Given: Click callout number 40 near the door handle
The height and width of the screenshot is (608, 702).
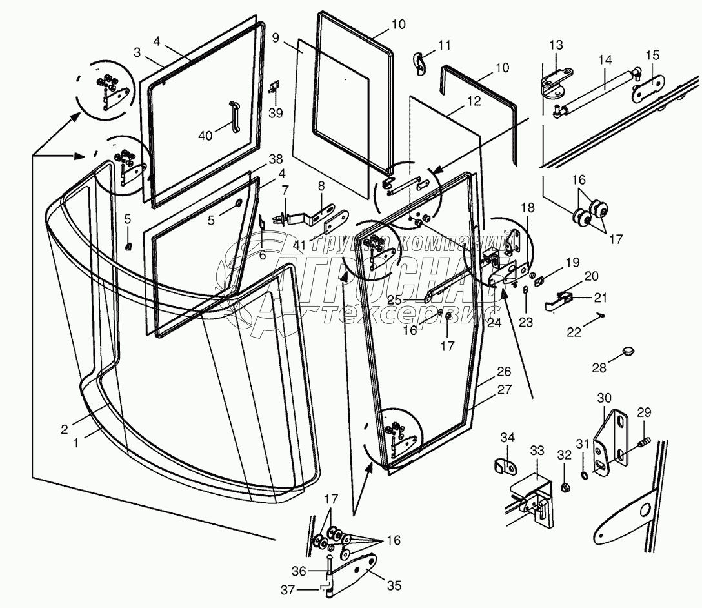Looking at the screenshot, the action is [x=205, y=135].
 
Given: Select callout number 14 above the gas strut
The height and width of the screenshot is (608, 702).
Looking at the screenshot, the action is [x=605, y=60].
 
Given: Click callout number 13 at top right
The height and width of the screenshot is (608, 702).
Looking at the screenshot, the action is [x=556, y=45].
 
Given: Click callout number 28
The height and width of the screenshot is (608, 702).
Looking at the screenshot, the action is [x=599, y=368].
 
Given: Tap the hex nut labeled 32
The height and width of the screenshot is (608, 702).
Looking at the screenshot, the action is [x=565, y=487].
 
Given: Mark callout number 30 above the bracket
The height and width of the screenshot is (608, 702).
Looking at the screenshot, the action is [x=604, y=398].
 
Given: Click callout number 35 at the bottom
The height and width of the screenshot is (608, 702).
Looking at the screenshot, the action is [x=394, y=585].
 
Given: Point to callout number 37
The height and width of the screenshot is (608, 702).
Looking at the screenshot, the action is [x=288, y=590].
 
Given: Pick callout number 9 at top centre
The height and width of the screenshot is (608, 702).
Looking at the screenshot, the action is [x=276, y=37].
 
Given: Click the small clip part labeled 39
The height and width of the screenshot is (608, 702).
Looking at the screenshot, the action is [x=274, y=87].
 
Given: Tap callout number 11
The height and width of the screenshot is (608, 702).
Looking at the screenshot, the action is [x=444, y=45].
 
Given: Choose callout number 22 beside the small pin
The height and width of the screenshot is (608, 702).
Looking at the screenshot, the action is [x=574, y=332].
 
